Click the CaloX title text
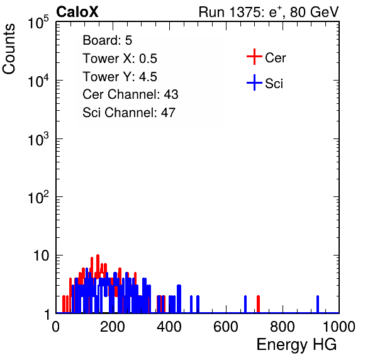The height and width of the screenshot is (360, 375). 77,12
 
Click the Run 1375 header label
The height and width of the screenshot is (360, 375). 269,12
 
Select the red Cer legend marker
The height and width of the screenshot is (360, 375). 254,57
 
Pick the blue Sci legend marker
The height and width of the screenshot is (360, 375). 254,82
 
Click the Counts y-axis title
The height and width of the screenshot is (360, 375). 9,49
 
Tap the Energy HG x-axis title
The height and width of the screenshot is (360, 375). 296,345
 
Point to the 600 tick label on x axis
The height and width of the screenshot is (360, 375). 226,327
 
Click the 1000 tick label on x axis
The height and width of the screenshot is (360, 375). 339,327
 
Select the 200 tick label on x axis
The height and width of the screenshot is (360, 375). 113,327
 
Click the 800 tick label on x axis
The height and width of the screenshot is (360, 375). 283,327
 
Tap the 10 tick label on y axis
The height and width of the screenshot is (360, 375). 41,256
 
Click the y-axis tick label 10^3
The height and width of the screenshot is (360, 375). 38,139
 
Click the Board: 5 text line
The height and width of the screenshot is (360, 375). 108,40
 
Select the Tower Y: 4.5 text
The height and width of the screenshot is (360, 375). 120,77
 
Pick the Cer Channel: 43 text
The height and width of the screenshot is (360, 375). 130,94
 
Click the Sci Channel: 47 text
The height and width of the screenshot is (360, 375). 129,113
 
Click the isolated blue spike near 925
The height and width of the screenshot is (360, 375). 318,304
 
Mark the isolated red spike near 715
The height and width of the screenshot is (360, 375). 259,304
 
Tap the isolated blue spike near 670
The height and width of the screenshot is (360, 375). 245,304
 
